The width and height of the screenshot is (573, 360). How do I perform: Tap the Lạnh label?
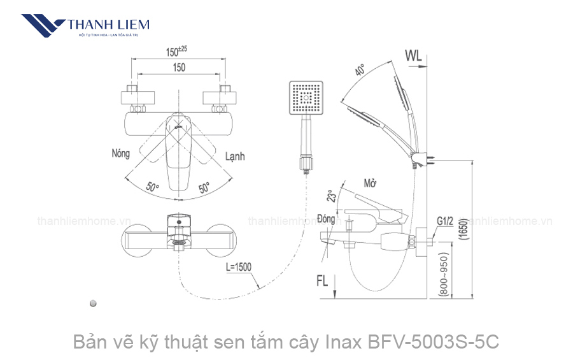[x=234, y=156]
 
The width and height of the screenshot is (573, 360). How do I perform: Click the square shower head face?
[x=306, y=99]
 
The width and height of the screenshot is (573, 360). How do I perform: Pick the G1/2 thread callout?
[x=445, y=222]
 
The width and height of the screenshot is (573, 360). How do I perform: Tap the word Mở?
[x=370, y=184]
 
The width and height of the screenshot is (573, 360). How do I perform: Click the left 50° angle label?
[x=152, y=187]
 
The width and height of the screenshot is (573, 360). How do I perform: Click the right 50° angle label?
[x=204, y=188]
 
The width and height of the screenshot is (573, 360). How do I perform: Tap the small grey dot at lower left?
[x=94, y=303]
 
